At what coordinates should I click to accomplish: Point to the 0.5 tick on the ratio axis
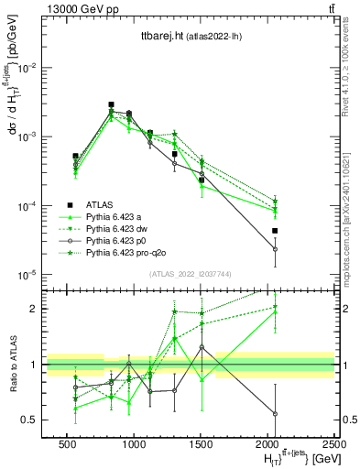32,420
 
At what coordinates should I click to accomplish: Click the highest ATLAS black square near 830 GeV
111,104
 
